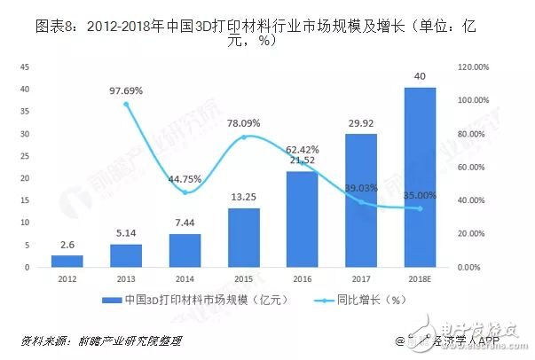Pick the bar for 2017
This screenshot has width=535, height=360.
[x=359, y=200]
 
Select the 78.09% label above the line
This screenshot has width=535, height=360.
[x=244, y=122]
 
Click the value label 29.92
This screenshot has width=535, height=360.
[x=360, y=124]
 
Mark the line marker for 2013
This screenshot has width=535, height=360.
[x=126, y=104]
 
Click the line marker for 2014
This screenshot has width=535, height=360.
[x=185, y=192]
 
